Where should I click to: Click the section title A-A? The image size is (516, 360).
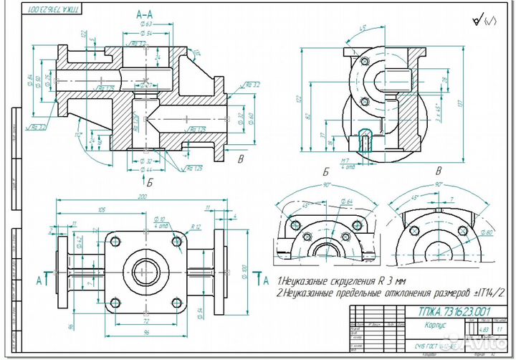(144, 14)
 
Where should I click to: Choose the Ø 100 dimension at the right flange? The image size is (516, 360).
(244, 270)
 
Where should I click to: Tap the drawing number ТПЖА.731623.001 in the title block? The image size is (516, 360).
(444, 311)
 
